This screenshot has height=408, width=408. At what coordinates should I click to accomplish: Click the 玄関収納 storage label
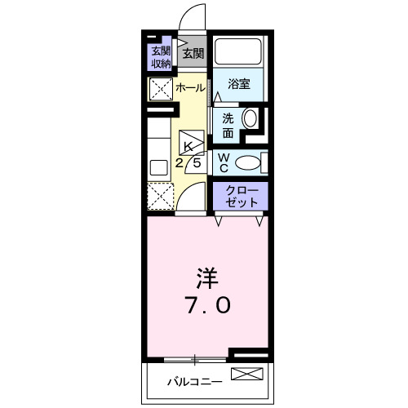[160, 56]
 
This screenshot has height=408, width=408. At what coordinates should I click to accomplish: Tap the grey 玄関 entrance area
[193, 54]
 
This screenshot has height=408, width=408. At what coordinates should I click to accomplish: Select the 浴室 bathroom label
[238, 83]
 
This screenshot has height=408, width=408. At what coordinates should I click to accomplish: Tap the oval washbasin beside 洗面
[250, 119]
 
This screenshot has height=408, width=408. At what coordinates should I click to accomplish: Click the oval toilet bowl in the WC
[247, 162]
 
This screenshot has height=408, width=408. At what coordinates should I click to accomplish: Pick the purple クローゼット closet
[241, 196]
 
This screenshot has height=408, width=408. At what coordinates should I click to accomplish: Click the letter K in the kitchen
[189, 146]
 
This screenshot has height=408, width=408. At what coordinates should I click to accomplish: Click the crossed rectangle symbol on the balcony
[248, 375]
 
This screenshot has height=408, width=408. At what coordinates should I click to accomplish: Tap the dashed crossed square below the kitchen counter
[159, 196]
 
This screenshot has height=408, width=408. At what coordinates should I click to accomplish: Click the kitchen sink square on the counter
[158, 167]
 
